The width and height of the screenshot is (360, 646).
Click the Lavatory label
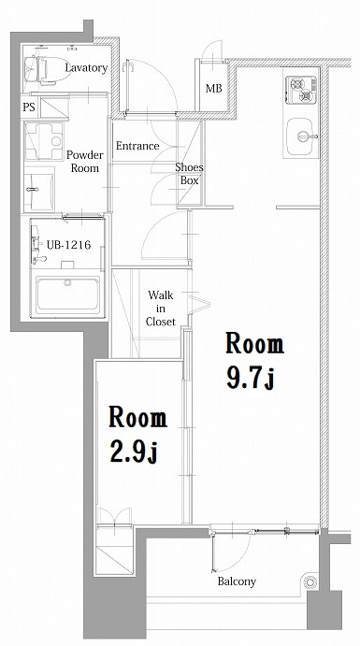86,67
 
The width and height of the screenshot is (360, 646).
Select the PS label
29,108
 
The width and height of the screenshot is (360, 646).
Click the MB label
214,88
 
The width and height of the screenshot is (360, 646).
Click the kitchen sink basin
300,136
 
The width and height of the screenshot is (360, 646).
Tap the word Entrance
137,146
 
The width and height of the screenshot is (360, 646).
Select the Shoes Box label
189,174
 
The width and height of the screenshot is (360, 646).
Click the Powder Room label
84,162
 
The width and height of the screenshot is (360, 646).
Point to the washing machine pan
44,141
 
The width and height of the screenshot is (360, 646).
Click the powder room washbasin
39,191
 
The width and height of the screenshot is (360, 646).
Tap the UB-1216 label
68,245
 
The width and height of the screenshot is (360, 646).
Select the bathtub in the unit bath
68,294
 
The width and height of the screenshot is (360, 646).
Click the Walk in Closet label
161,309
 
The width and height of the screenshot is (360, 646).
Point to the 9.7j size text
250,378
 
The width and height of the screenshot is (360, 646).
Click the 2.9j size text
133,451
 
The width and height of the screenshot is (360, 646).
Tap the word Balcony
237,581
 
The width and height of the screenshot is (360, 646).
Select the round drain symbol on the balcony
310,581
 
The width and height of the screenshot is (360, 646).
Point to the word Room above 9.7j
255,344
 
